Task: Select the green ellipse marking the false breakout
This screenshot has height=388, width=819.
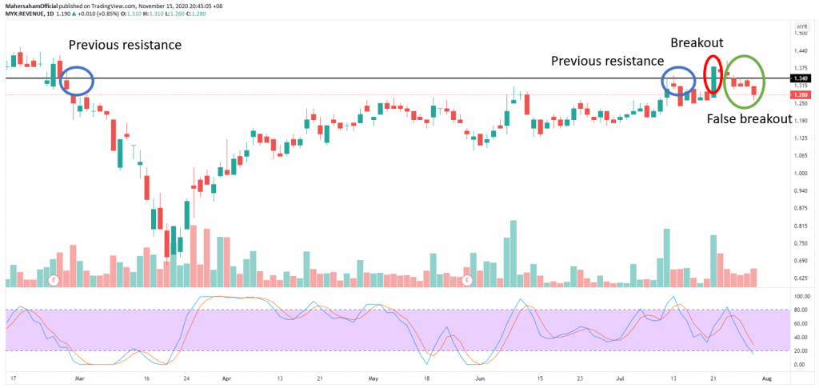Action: pos(745,81)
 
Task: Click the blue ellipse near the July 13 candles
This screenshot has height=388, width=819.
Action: pos(679,82)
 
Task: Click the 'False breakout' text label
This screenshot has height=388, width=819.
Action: pos(749,118)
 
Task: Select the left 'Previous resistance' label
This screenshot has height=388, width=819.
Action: pos(125,45)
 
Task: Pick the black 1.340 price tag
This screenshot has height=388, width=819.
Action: pos(800,78)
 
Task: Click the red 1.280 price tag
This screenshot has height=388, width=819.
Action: pos(800,94)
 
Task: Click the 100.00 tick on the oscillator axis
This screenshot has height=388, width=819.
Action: pos(800,296)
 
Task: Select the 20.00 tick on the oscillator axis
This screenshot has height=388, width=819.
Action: pos(799,350)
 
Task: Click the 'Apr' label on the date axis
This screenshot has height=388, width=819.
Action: pos(226,376)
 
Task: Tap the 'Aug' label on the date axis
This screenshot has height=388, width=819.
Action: pos(766,376)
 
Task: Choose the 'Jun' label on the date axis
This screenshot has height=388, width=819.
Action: pos(480,376)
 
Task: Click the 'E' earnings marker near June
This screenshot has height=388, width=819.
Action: pos(468,281)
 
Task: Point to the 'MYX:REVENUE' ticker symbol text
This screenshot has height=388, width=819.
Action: pos(29,14)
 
